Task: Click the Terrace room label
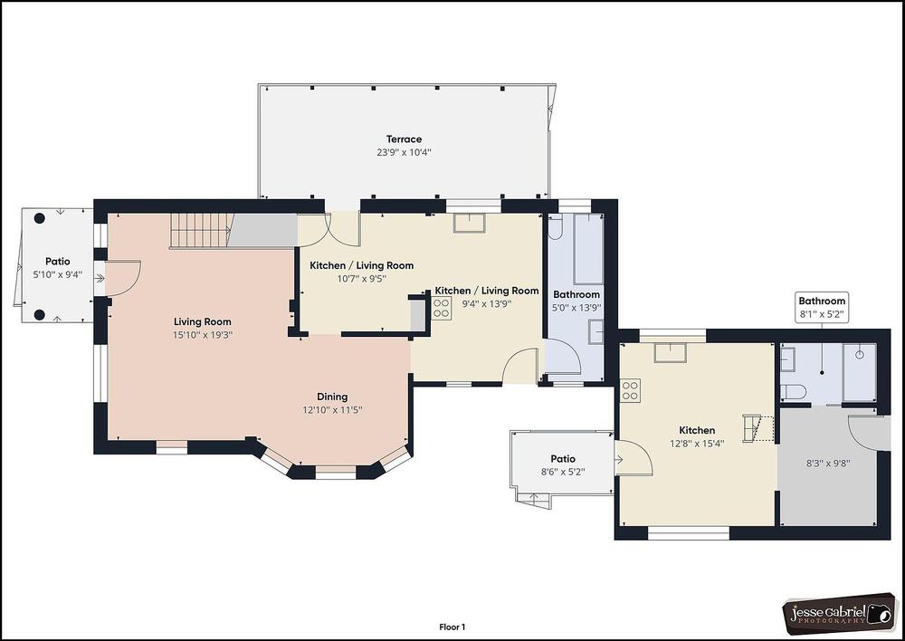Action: click(404, 139)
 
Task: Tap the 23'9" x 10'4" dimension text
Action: click(404, 152)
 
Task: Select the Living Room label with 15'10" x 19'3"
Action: click(203, 321)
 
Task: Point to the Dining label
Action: click(332, 397)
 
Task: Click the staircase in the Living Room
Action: click(201, 231)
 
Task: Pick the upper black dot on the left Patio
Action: click(39, 218)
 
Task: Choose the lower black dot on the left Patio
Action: click(39, 315)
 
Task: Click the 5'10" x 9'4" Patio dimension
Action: click(58, 275)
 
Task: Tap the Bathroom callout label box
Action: click(822, 307)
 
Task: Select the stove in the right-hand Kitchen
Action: click(630, 390)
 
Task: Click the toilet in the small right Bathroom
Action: click(793, 392)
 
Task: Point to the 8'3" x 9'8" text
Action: click(828, 464)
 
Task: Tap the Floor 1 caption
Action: click(452, 627)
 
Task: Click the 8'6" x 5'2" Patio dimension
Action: click(563, 472)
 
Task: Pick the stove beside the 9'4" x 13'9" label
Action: click(442, 308)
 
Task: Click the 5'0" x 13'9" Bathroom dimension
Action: click(576, 308)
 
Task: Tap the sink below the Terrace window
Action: click(469, 223)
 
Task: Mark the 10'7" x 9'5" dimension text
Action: click(361, 278)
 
